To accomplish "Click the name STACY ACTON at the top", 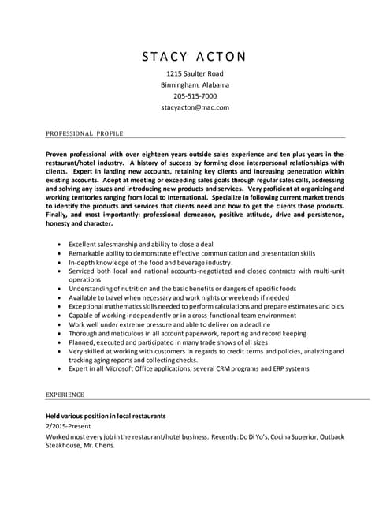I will [195, 56].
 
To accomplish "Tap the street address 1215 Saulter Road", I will [195, 73].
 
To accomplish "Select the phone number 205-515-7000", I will [195, 95].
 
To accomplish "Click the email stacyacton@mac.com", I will [195, 107].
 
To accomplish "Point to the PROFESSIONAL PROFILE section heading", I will [84, 133].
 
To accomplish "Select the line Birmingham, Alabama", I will [195, 84].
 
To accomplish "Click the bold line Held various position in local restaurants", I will [106, 415].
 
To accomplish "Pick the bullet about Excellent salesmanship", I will [140, 245].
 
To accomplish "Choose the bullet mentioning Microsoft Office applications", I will [189, 368].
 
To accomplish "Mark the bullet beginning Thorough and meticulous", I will [188, 333].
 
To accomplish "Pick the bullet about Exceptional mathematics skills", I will [206, 305].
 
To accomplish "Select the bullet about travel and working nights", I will [179, 297].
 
